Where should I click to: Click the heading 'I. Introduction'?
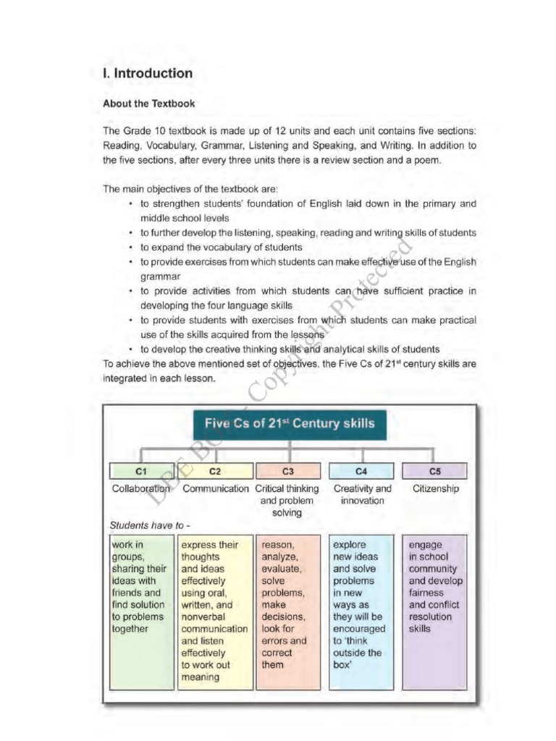click(148, 73)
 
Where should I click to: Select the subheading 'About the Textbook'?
click(148, 103)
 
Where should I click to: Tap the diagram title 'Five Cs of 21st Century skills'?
click(290, 423)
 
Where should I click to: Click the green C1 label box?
click(141, 471)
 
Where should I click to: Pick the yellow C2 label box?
click(215, 471)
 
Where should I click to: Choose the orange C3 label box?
click(287, 471)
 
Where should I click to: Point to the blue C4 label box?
click(362, 471)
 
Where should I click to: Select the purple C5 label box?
click(435, 471)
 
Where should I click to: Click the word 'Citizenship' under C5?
click(435, 489)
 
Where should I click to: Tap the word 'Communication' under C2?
click(215, 489)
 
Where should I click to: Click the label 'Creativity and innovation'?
click(362, 495)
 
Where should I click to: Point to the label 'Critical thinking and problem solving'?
click(287, 501)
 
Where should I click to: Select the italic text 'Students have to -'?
click(150, 525)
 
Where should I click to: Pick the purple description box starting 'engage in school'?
click(435, 611)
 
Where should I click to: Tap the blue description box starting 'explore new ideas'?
click(361, 611)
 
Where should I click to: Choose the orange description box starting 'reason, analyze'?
click(287, 611)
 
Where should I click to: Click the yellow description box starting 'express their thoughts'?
click(214, 611)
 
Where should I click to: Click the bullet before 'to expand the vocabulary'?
click(130, 247)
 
